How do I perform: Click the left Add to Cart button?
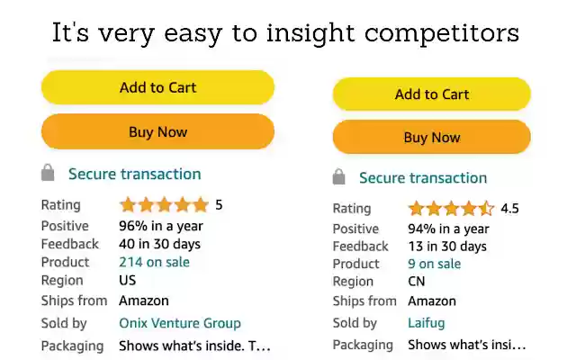click(157, 87)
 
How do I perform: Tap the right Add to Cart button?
click(431, 94)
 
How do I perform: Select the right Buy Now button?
click(431, 138)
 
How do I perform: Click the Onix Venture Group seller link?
click(180, 323)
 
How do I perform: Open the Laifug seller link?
click(426, 322)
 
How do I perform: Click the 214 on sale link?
click(154, 262)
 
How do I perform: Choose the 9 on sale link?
click(434, 264)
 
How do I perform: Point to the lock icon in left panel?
click(48, 173)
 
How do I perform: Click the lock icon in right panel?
click(339, 176)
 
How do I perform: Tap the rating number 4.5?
click(509, 209)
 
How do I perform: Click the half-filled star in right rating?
click(486, 209)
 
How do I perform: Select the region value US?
click(128, 280)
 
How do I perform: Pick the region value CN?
click(417, 281)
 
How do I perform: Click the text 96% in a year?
click(161, 226)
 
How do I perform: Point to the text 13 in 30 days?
click(446, 246)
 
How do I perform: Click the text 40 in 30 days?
click(159, 244)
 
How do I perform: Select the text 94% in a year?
click(448, 229)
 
